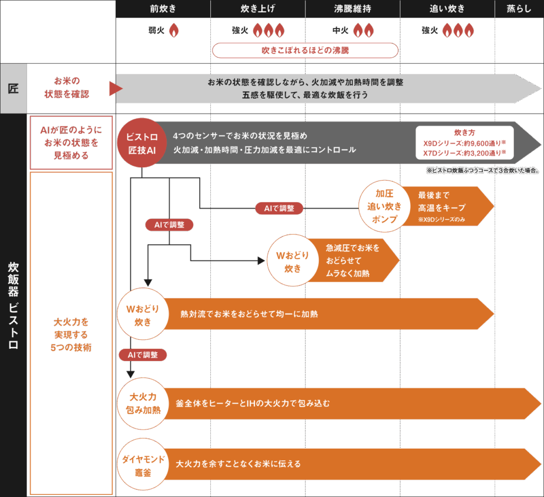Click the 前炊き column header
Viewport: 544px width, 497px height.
163,8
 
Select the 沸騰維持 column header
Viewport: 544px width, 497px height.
352,8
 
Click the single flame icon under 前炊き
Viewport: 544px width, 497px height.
173,31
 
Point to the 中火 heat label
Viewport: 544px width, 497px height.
341,31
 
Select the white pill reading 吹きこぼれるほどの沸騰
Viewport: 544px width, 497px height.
305,50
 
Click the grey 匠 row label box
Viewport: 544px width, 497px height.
13,88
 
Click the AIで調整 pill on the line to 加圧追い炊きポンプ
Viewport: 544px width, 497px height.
279,208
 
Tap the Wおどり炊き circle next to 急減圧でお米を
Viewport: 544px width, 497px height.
293,261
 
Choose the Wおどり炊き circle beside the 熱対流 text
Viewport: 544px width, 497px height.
143,314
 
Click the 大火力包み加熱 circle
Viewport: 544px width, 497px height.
143,403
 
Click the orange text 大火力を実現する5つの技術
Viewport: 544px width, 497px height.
71,335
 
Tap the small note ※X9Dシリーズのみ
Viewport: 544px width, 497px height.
441,220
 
